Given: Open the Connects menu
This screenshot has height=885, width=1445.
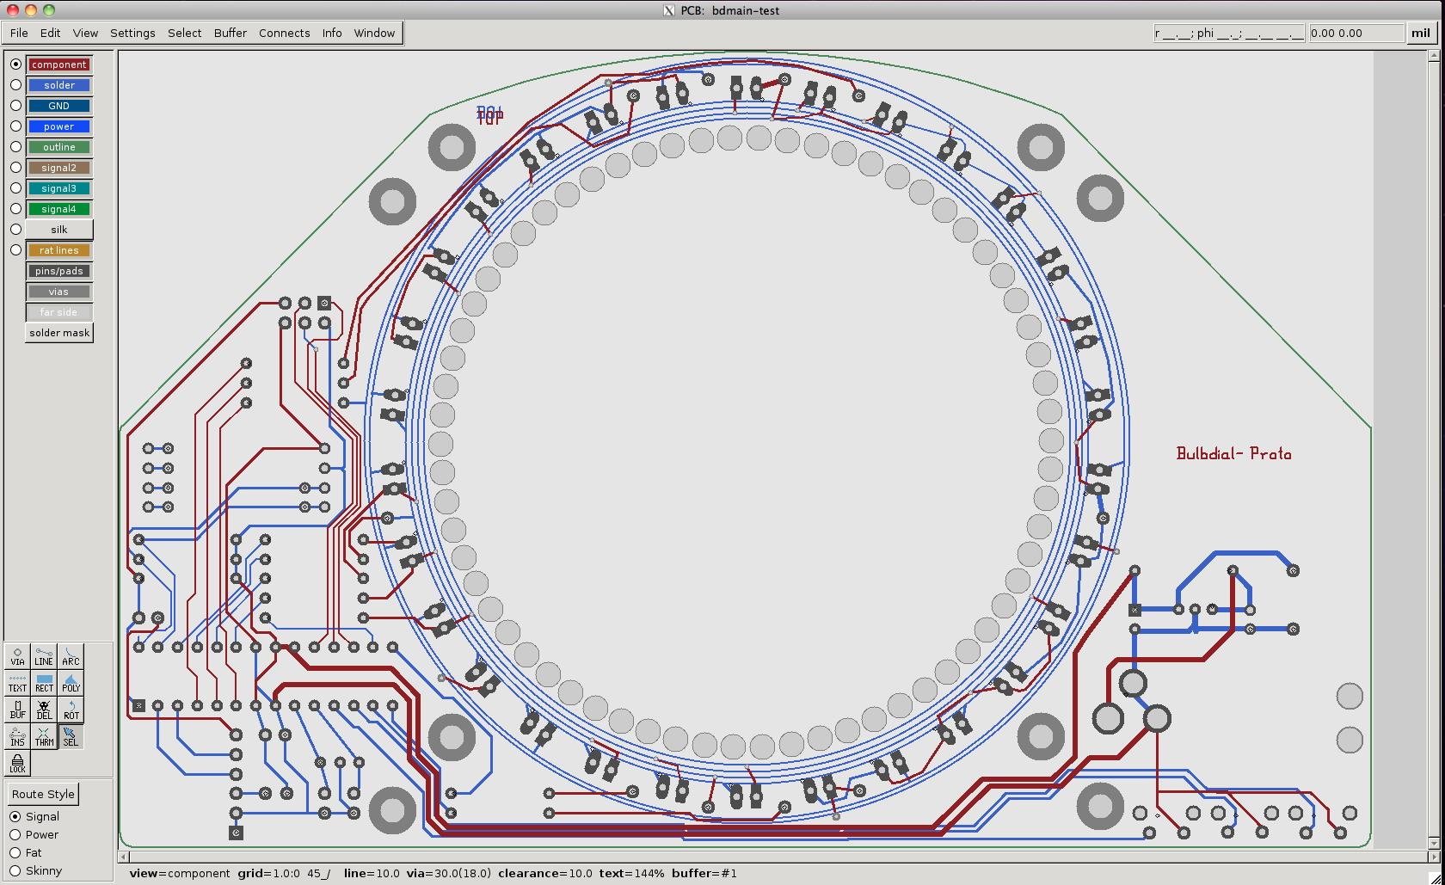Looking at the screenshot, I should (x=284, y=33).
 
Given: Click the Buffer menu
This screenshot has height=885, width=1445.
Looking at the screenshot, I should (x=230, y=33).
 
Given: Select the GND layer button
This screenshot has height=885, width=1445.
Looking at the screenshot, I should (x=58, y=106).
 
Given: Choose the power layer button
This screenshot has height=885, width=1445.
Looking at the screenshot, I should (x=58, y=126).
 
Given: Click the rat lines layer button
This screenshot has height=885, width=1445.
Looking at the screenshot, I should (x=58, y=250).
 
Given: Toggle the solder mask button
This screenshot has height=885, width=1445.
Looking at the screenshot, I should (x=58, y=333).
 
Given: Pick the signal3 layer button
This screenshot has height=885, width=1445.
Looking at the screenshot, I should (x=58, y=188).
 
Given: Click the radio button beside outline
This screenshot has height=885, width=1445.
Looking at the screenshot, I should (x=15, y=147).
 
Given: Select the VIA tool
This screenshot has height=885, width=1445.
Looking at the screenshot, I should (x=17, y=656).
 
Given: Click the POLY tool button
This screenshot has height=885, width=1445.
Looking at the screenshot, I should (x=71, y=683).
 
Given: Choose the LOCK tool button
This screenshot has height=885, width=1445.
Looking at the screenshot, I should (x=17, y=763).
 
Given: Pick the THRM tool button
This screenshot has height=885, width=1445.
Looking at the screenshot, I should (x=44, y=736).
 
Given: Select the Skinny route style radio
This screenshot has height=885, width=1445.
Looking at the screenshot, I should (x=15, y=870).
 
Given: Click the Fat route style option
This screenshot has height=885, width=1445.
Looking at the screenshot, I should (x=15, y=852).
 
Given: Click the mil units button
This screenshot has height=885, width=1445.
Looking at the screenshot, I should (x=1420, y=33).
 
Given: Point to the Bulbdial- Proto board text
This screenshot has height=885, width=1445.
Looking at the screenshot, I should (x=1233, y=453).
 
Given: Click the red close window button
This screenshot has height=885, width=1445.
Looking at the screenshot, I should (x=12, y=10).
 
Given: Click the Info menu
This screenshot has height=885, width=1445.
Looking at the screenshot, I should (x=332, y=33).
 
